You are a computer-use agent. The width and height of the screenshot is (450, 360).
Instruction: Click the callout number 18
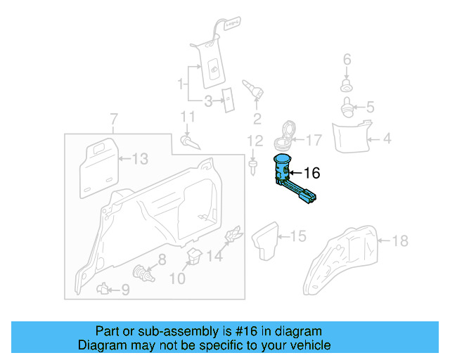[399, 242]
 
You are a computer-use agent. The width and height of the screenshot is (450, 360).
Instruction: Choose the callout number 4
[387, 139]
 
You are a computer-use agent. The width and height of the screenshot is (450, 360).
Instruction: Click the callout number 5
[370, 108]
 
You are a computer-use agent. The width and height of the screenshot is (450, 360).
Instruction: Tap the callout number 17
[313, 140]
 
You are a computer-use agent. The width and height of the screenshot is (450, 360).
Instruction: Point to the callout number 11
[187, 116]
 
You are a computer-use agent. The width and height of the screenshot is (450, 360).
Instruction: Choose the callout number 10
[177, 279]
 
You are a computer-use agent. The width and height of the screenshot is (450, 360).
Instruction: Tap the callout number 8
[162, 259]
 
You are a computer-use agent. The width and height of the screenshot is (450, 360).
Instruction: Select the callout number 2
[257, 118]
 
